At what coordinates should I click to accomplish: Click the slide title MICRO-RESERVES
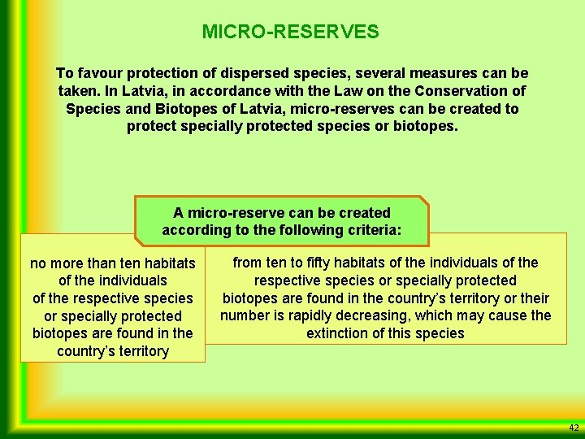pos(290,32)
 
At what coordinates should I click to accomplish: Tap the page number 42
pos(574,428)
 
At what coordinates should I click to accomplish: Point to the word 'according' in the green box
pos(195,230)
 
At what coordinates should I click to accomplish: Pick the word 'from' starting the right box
pos(248,263)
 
